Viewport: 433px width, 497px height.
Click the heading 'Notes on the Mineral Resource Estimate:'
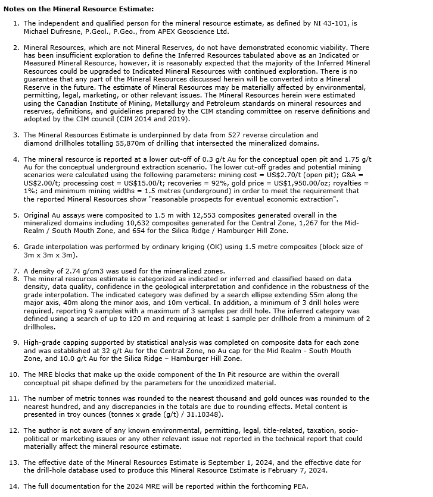tap(79, 9)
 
